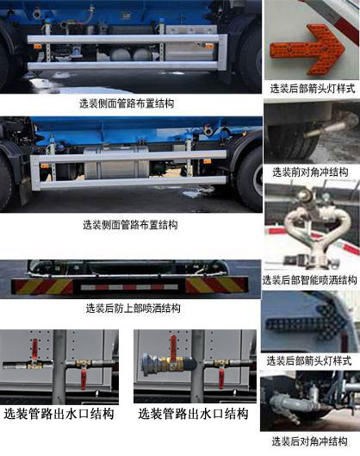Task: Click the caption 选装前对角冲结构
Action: point(310,172)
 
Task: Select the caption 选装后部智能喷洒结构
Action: point(310,279)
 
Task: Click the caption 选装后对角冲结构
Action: point(310,441)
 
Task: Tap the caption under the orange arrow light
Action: point(310,88)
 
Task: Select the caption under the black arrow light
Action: point(310,359)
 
